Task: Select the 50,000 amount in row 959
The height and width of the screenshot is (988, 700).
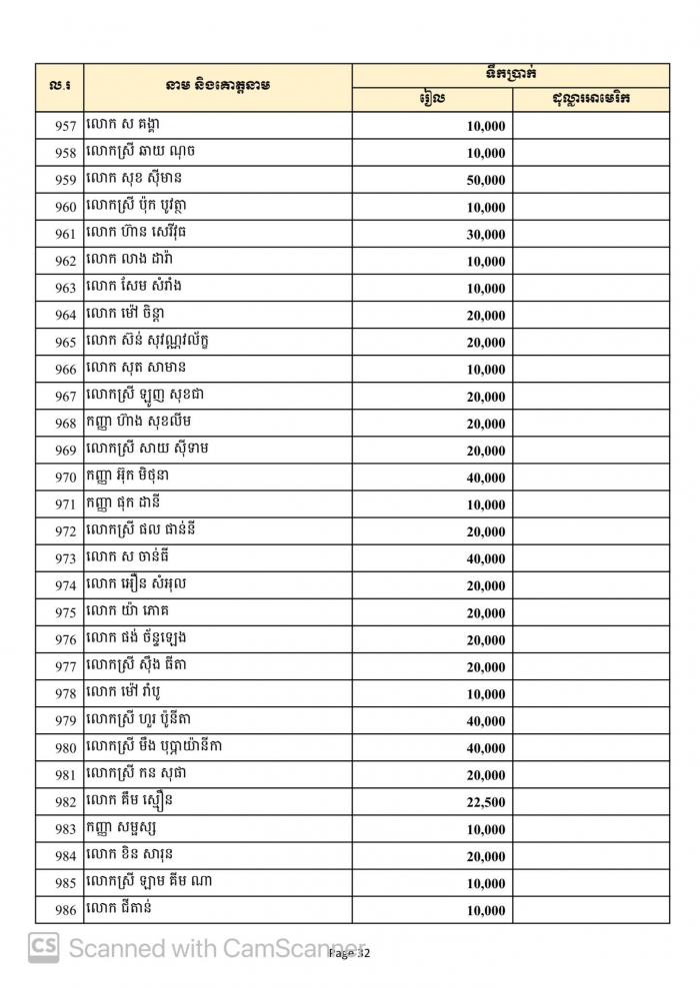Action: point(486,181)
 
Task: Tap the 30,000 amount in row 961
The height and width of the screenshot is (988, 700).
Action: point(486,235)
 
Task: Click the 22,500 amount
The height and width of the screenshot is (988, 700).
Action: point(486,802)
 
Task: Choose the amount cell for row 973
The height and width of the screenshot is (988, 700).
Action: point(486,559)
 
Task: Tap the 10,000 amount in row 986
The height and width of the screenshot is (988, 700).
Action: point(486,911)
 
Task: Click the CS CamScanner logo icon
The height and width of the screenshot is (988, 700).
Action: point(43,947)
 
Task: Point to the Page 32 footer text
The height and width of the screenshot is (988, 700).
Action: point(349,954)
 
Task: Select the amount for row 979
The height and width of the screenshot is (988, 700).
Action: point(486,721)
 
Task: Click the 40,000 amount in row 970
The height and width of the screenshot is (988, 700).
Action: point(486,479)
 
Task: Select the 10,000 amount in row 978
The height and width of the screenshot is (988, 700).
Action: point(486,694)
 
